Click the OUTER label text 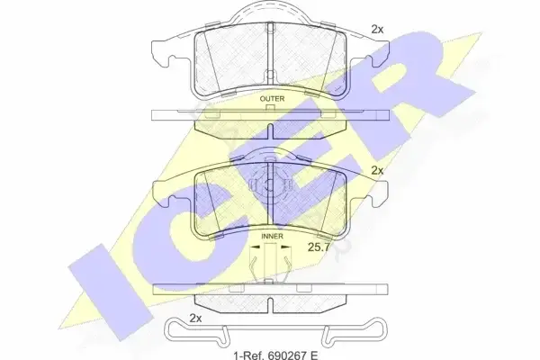click(272, 99)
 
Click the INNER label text click(272, 237)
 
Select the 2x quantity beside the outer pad click(377, 30)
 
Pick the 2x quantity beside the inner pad click(377, 170)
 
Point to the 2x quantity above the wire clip click(195, 319)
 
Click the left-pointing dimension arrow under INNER click(255, 247)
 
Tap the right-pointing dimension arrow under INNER click(286, 247)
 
